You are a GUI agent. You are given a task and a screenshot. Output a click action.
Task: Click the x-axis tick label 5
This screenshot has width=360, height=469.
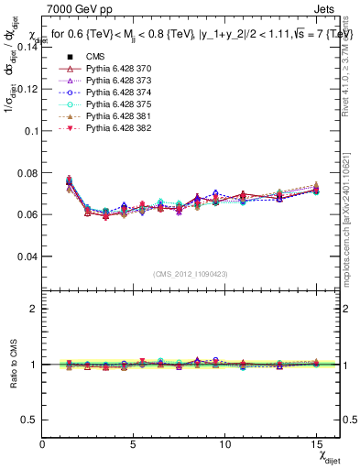(134, 445)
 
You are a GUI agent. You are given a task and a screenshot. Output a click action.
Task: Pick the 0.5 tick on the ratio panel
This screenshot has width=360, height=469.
(27, 420)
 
